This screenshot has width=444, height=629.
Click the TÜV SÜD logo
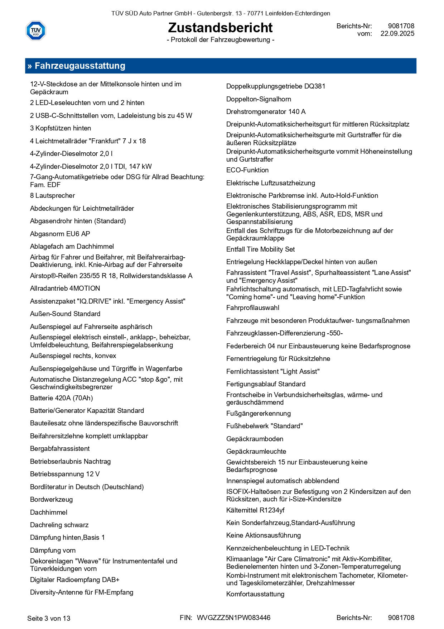point(36,30)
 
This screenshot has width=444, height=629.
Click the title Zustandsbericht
point(220,28)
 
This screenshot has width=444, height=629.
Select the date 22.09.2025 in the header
point(397,34)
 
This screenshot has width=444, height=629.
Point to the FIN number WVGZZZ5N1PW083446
point(233,618)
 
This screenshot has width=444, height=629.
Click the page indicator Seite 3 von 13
point(49,618)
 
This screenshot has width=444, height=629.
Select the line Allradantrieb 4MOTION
point(65,289)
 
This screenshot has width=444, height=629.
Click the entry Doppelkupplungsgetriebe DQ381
point(276,86)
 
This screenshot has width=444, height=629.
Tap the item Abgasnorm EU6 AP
point(60,234)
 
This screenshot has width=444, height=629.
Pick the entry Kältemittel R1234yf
point(255,510)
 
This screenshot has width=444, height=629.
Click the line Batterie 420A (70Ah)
point(62,398)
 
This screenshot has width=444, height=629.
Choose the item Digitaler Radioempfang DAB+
point(75,580)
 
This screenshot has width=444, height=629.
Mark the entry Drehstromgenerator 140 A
point(266,112)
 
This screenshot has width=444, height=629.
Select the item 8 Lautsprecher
point(53,196)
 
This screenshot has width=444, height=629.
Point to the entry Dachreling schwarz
point(59,525)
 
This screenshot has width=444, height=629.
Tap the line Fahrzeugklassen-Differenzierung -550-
point(285,333)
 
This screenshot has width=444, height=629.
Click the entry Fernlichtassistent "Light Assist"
point(273,372)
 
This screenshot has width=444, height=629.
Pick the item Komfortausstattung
point(255,594)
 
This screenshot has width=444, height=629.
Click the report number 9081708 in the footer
point(401,618)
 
